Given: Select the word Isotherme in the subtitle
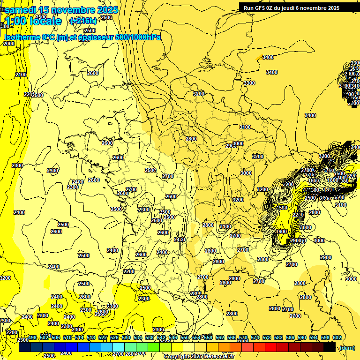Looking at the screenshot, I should [x=22, y=37].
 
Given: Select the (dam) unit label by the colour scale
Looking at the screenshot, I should [x=347, y=347].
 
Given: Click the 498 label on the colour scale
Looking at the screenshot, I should [x=32, y=338].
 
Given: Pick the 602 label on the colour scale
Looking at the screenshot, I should [x=337, y=338].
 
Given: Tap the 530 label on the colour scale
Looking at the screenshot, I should [x=126, y=338].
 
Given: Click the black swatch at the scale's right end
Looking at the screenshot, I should [x=330, y=347].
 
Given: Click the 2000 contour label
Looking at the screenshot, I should [x=9, y=44].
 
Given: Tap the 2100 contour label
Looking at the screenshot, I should [x=21, y=75].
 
